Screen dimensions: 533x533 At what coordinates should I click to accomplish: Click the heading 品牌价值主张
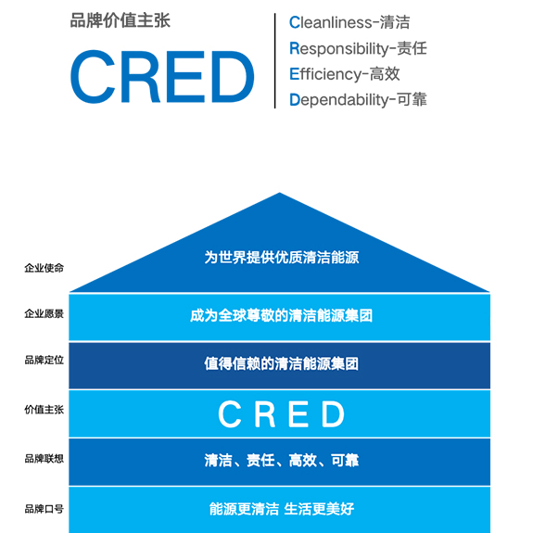pos(120,20)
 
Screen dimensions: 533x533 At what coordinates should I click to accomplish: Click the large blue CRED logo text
pos(162,77)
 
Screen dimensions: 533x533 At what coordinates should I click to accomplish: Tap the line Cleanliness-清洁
pos(349,22)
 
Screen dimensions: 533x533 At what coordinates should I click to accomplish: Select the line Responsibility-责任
pos(358,48)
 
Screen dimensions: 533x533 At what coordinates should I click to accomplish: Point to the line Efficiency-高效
pos(344,74)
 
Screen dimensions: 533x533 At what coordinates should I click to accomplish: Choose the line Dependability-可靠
pos(358,100)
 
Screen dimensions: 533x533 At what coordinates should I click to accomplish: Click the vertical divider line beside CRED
pos(274,61)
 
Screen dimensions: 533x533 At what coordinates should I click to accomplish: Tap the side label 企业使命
pos(44,268)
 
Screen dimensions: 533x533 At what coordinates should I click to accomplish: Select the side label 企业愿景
pos(44,313)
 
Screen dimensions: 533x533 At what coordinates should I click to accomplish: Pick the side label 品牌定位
pos(44,360)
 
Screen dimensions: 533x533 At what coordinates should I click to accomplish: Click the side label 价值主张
pos(44,410)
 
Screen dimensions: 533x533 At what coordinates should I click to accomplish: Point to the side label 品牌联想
pos(44,459)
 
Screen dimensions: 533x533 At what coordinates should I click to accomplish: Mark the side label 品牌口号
pos(44,509)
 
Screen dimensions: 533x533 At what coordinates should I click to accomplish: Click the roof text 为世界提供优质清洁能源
pos(282,258)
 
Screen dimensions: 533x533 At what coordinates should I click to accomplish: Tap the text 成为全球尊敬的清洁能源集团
pos(282,315)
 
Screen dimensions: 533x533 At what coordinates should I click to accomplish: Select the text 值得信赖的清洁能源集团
pos(282,363)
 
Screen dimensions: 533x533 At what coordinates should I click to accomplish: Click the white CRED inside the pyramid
pos(282,413)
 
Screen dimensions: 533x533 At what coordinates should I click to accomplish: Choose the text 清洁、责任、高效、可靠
pos(282,461)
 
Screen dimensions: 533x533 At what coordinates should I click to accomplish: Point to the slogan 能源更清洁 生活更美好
pos(282,509)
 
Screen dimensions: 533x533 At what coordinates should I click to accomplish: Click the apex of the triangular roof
pos(279,193)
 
